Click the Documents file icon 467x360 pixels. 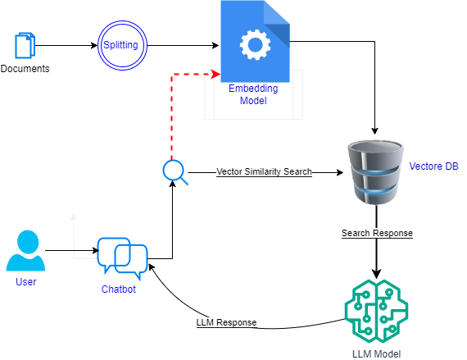(x=25, y=44)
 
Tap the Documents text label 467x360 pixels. (x=25, y=69)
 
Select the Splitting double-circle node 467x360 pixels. (x=120, y=44)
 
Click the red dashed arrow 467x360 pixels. (x=171, y=107)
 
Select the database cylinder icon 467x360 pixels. (x=375, y=172)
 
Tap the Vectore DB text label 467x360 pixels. (x=433, y=166)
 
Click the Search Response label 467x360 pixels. (x=377, y=234)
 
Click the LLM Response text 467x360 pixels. (x=227, y=321)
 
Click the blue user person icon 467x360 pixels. (x=25, y=251)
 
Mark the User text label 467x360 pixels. (x=25, y=282)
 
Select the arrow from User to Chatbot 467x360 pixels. (x=70, y=250)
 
